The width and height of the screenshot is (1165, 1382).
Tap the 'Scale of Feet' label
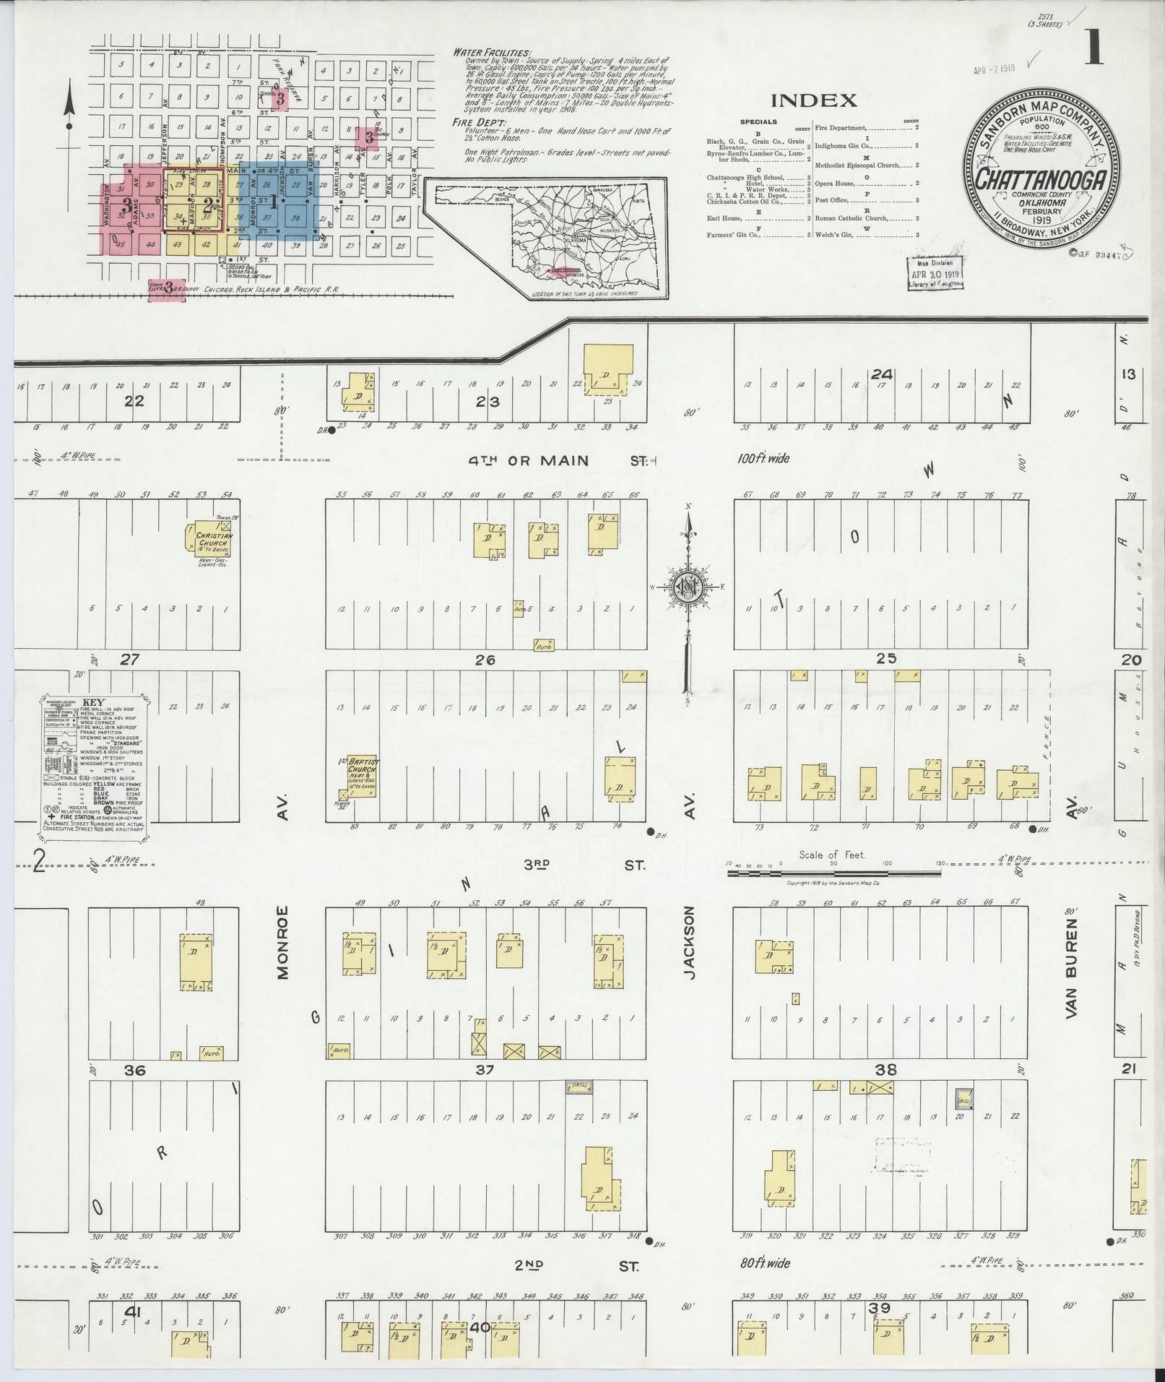pos(833,855)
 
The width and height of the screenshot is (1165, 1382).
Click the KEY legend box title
pos(93,701)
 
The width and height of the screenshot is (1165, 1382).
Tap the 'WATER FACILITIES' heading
pos(491,53)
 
